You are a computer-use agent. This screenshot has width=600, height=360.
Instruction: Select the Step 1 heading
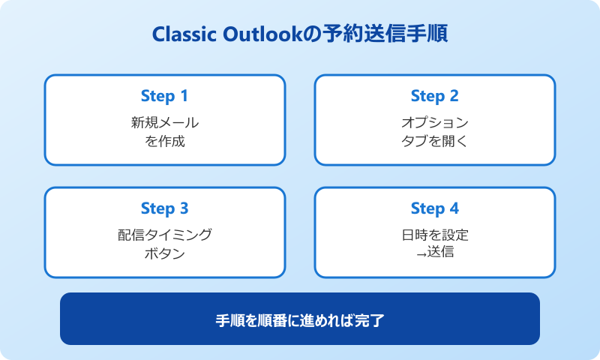tap(164, 96)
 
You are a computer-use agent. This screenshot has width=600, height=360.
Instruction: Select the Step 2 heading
tap(434, 96)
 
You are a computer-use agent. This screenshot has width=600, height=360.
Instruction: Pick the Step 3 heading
tap(164, 208)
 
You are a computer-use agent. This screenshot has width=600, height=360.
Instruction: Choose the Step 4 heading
tap(434, 208)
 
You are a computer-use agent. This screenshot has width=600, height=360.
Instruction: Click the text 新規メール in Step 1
tap(164, 122)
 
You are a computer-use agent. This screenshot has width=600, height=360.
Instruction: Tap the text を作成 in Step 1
tap(164, 140)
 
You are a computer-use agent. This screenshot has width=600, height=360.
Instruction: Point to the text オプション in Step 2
tap(434, 122)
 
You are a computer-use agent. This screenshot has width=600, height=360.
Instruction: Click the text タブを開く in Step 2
tap(434, 140)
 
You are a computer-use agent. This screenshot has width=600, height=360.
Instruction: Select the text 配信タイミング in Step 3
tap(164, 235)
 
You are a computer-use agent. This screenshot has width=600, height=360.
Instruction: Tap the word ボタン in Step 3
tap(164, 253)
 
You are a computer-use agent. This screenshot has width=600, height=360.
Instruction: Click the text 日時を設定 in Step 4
tap(434, 235)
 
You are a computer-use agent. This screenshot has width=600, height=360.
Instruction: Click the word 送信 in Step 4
tap(440, 253)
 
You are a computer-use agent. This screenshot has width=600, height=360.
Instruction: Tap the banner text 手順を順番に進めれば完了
tap(299, 319)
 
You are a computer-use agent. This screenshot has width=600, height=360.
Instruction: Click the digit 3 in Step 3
tap(184, 208)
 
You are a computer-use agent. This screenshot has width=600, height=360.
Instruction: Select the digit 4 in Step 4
tap(454, 208)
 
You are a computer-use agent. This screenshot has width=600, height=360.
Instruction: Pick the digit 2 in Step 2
tap(454, 96)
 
